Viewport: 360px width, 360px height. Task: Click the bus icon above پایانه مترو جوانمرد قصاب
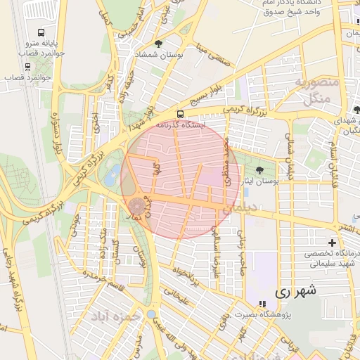point(41,32)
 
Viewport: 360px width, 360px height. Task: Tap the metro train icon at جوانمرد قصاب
point(27,67)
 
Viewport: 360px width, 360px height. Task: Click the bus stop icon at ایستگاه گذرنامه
point(181,113)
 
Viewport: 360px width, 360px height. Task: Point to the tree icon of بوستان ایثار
point(259,169)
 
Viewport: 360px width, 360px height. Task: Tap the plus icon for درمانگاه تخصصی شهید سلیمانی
point(331,242)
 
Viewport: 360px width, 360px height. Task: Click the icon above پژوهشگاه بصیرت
point(262,304)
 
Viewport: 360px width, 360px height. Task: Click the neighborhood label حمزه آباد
point(115,317)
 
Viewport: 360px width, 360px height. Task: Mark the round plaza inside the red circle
point(136,206)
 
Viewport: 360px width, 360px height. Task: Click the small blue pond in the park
point(110,178)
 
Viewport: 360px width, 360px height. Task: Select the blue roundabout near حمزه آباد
point(150,314)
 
